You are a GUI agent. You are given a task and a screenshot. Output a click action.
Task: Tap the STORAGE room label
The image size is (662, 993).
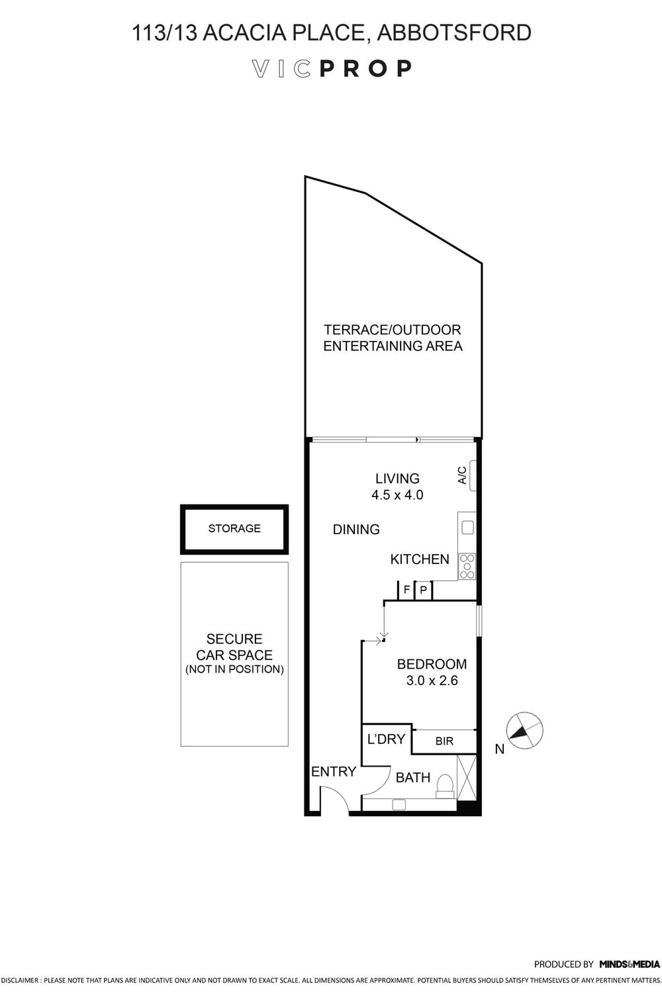tap(234, 528)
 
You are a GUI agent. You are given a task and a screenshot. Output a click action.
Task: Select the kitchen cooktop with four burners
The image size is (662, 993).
tap(467, 566)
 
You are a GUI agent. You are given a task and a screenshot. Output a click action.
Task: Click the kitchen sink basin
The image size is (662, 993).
tap(468, 527)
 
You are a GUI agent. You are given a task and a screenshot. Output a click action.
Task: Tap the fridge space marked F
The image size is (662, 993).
tap(406, 591)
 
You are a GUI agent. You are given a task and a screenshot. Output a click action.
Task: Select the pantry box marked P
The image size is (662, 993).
tap(424, 591)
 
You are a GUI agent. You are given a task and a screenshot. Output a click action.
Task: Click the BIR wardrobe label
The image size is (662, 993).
tap(444, 741)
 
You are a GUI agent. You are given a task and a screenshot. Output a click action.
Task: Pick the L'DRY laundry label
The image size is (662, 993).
tap(386, 739)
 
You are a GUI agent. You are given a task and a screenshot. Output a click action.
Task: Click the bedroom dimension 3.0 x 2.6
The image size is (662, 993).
tap(432, 680)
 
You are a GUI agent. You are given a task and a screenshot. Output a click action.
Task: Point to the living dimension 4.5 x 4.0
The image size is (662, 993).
tap(397, 495)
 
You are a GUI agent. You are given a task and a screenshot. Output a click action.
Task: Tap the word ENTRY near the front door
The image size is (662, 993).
tap(334, 772)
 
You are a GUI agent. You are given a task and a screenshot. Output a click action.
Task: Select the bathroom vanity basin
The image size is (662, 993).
tap(399, 804)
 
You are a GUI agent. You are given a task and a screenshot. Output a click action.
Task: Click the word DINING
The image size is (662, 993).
tap(356, 530)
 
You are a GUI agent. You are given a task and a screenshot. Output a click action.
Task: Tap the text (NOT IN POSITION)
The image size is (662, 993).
tap(234, 669)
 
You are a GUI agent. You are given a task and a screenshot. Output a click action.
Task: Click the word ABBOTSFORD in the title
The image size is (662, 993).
tap(454, 32)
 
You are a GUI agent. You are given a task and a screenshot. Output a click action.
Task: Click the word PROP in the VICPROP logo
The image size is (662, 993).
tap(365, 69)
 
